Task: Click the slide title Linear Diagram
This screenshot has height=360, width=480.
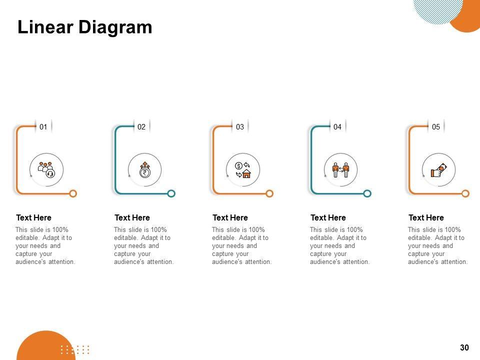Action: coord(85,27)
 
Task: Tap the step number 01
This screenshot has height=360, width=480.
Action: coord(43,126)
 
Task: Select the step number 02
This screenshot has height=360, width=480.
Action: coord(141,126)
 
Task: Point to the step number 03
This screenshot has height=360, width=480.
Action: coord(240,126)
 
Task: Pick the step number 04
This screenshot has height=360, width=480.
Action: coord(337,126)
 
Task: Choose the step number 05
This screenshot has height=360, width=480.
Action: coord(436,126)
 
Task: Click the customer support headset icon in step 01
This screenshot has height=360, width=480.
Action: coord(46,170)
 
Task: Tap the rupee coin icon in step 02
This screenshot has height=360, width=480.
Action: coord(145,170)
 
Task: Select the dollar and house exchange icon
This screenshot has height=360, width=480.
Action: coord(243,170)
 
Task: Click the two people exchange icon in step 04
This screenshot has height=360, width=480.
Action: coord(340,170)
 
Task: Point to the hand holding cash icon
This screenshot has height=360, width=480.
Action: coord(438,170)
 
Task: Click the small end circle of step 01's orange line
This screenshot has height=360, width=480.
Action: coord(73,193)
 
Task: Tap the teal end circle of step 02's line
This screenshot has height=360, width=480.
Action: coord(171,193)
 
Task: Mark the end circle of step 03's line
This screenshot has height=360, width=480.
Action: coord(269,193)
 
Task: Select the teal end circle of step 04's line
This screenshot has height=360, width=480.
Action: coord(367,193)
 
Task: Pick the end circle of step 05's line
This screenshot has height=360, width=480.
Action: coord(465,193)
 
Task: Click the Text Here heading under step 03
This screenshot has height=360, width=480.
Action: coord(230,217)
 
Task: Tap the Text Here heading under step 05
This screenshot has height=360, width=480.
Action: coord(426,217)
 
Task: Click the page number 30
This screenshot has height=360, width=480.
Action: coord(464,347)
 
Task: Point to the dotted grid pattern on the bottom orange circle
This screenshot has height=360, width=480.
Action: coord(75,349)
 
